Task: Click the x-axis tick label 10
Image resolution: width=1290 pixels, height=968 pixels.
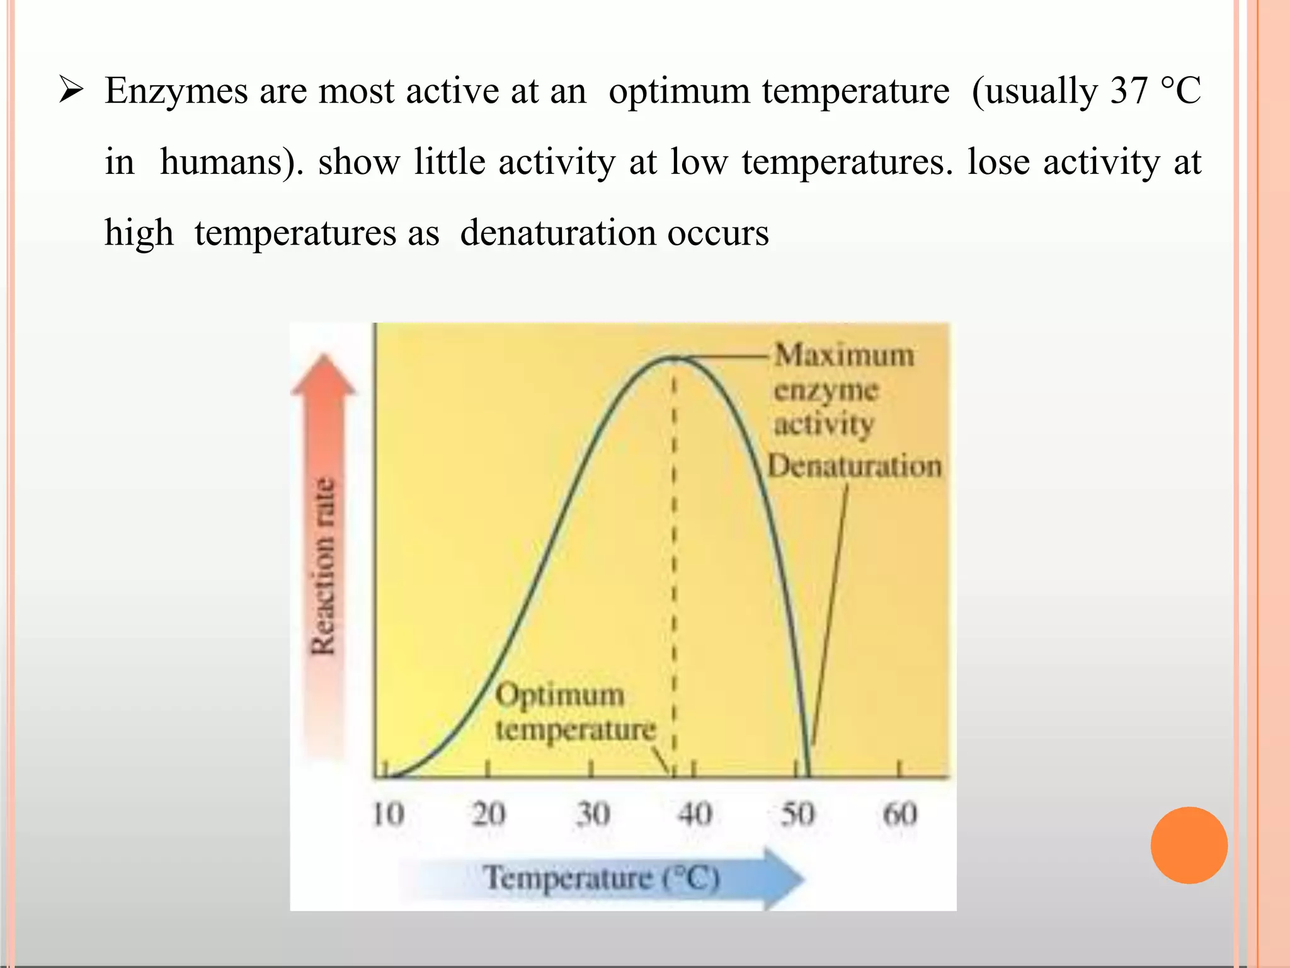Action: pyautogui.click(x=388, y=814)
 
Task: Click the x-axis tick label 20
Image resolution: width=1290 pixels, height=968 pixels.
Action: pyautogui.click(x=489, y=814)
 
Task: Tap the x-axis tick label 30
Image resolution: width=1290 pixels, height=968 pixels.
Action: pyautogui.click(x=593, y=814)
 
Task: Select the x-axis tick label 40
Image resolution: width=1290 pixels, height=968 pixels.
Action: pyautogui.click(x=695, y=814)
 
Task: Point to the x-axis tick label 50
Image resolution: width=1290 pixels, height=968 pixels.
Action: pyautogui.click(x=797, y=814)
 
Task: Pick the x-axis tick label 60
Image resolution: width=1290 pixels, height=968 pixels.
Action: pyautogui.click(x=899, y=814)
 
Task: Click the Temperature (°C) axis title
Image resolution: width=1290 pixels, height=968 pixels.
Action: pyautogui.click(x=601, y=878)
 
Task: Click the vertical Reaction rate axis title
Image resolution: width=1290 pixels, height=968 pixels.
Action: pyautogui.click(x=324, y=566)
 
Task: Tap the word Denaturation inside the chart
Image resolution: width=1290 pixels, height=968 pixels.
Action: pyautogui.click(x=855, y=466)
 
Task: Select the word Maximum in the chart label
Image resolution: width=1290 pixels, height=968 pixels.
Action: pyautogui.click(x=844, y=355)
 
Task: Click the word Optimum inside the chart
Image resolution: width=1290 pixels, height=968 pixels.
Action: pyautogui.click(x=559, y=695)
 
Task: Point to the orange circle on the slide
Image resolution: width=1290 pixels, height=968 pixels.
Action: pyautogui.click(x=1189, y=845)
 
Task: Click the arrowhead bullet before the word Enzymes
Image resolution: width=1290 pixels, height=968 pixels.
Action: pyautogui.click(x=71, y=90)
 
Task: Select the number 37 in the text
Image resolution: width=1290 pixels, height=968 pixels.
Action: pyautogui.click(x=1129, y=90)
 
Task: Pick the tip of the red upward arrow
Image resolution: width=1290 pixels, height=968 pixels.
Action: pyautogui.click(x=324, y=357)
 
